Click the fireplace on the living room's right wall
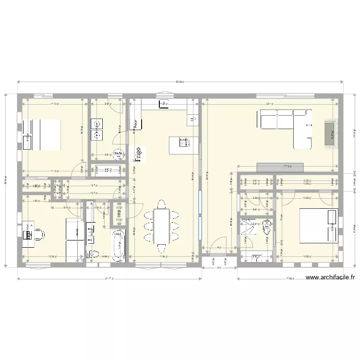[330, 131]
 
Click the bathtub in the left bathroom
[118, 245]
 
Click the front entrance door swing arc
[220, 243]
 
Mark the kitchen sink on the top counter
[164, 102]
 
